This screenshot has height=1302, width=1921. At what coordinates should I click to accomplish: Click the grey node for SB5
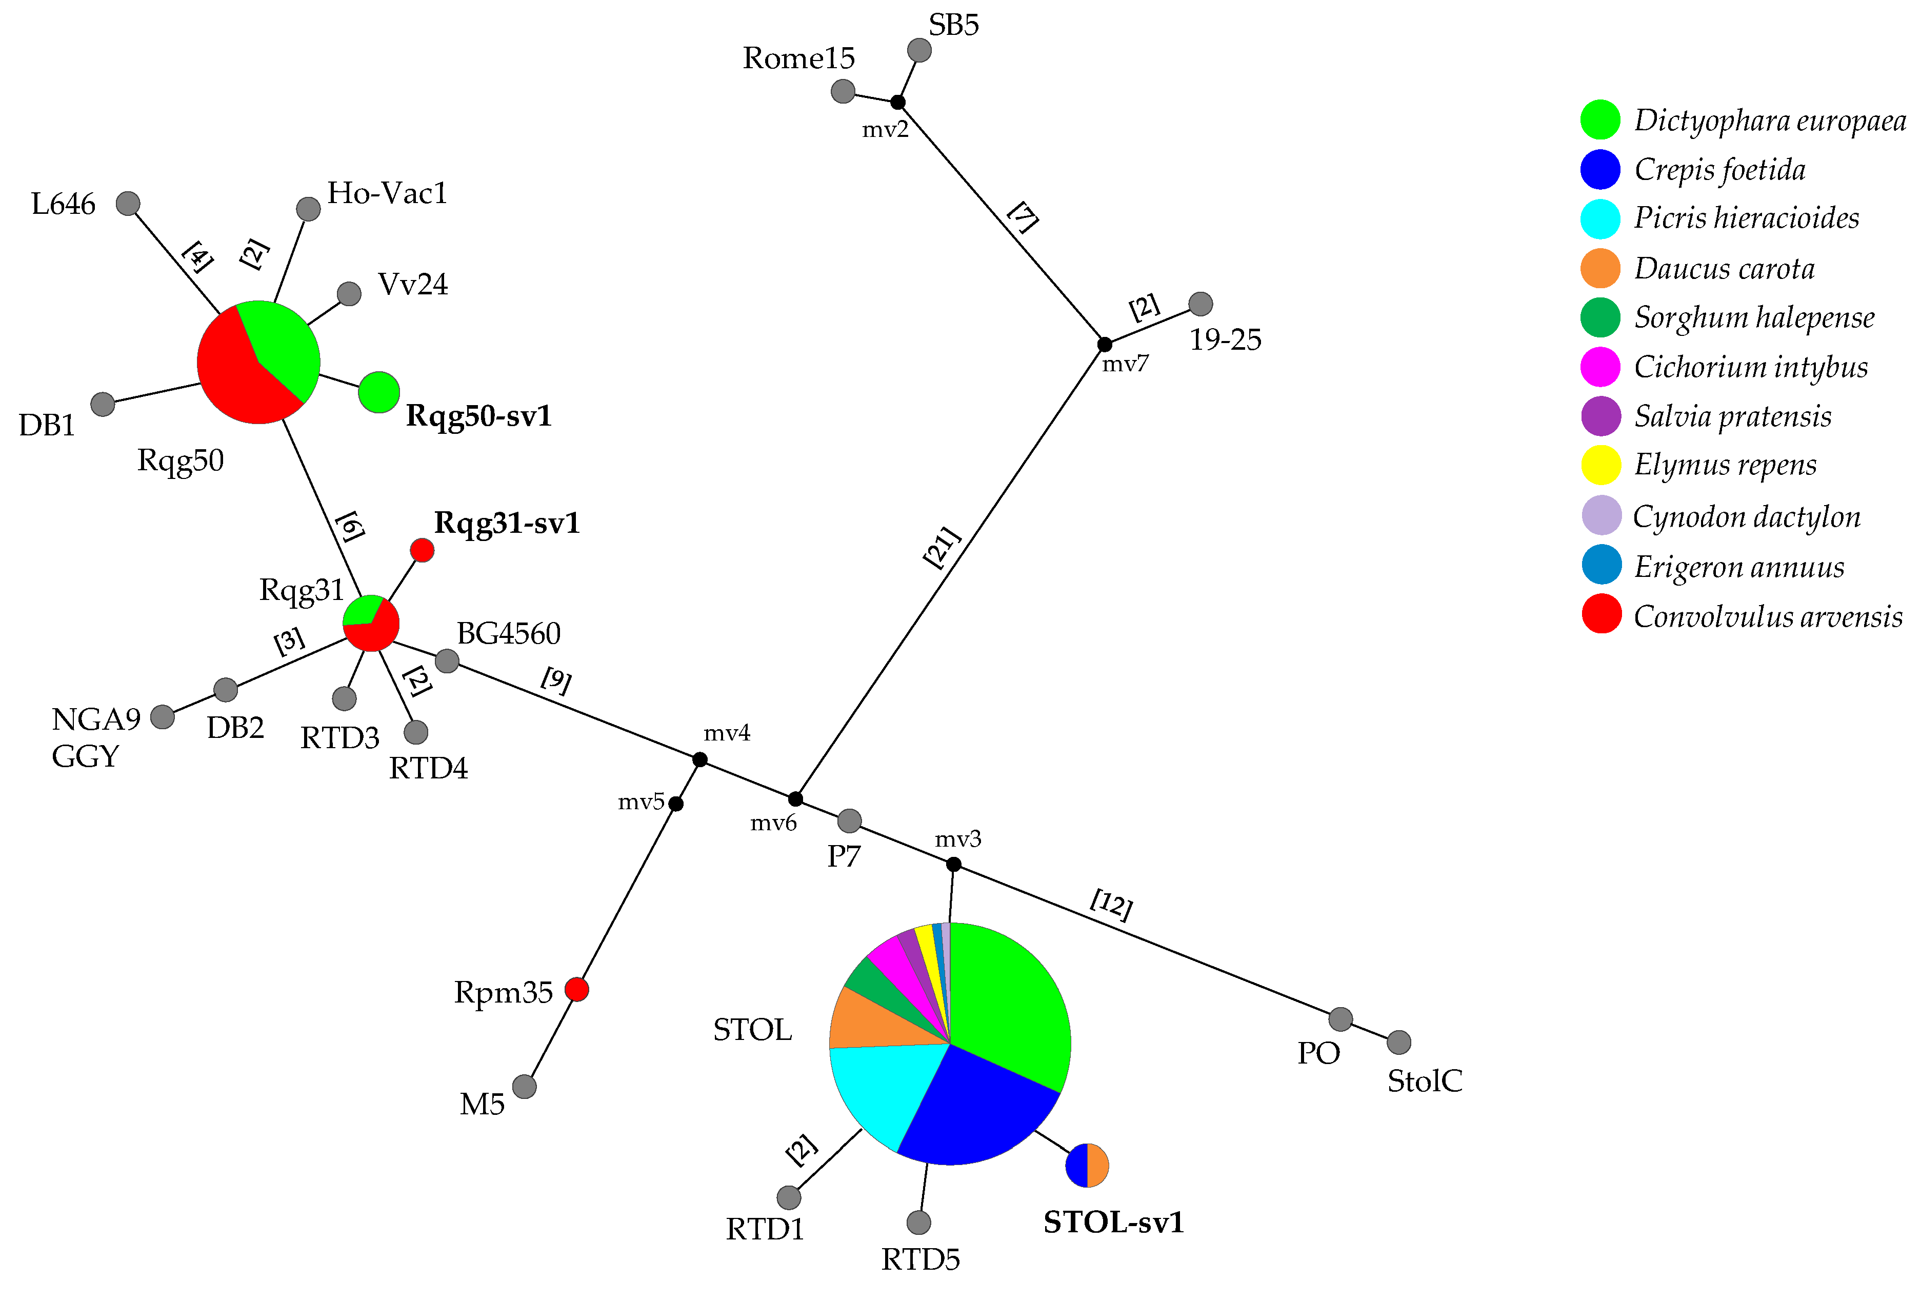tap(918, 50)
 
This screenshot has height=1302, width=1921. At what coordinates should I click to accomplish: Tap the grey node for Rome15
tap(843, 91)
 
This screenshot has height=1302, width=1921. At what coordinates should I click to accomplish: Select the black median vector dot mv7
tap(1104, 344)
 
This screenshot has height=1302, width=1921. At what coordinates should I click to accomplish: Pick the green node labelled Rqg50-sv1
tap(378, 392)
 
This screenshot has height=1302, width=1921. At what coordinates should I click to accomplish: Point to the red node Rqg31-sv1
tap(422, 550)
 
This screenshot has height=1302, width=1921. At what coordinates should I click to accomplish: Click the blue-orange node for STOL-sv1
tap(1086, 1166)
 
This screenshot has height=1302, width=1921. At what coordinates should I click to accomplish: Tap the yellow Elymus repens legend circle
tap(1600, 465)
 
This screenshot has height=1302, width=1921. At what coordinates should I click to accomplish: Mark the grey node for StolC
tap(1398, 1043)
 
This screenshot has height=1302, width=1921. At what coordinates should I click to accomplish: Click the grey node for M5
tap(524, 1086)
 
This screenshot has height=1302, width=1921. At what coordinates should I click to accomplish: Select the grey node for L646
tap(127, 204)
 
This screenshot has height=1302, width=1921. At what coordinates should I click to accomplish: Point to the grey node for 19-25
tap(1200, 304)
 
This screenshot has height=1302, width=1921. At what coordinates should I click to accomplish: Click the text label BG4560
tap(508, 633)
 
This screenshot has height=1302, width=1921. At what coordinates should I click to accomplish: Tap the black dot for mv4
tap(699, 759)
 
